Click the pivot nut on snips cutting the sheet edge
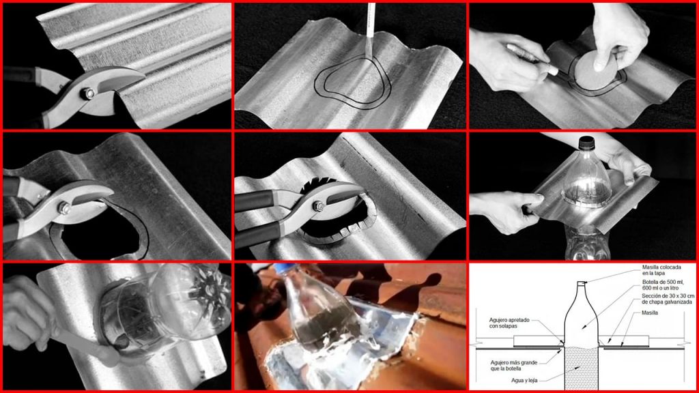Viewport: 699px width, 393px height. coord(87,93)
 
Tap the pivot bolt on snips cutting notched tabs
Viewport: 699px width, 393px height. coord(318,206)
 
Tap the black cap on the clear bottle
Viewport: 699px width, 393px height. coord(586,143)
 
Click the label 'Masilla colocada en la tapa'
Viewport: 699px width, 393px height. coord(661,270)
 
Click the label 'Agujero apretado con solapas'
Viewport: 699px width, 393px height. coord(509,323)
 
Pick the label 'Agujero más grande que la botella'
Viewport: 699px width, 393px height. coord(513,366)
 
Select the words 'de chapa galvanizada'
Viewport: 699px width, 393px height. coord(667,302)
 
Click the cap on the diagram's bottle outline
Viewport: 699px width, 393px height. coord(581,284)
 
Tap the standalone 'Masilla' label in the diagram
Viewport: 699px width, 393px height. coord(650,312)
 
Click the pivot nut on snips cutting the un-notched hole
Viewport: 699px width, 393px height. coord(63,208)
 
